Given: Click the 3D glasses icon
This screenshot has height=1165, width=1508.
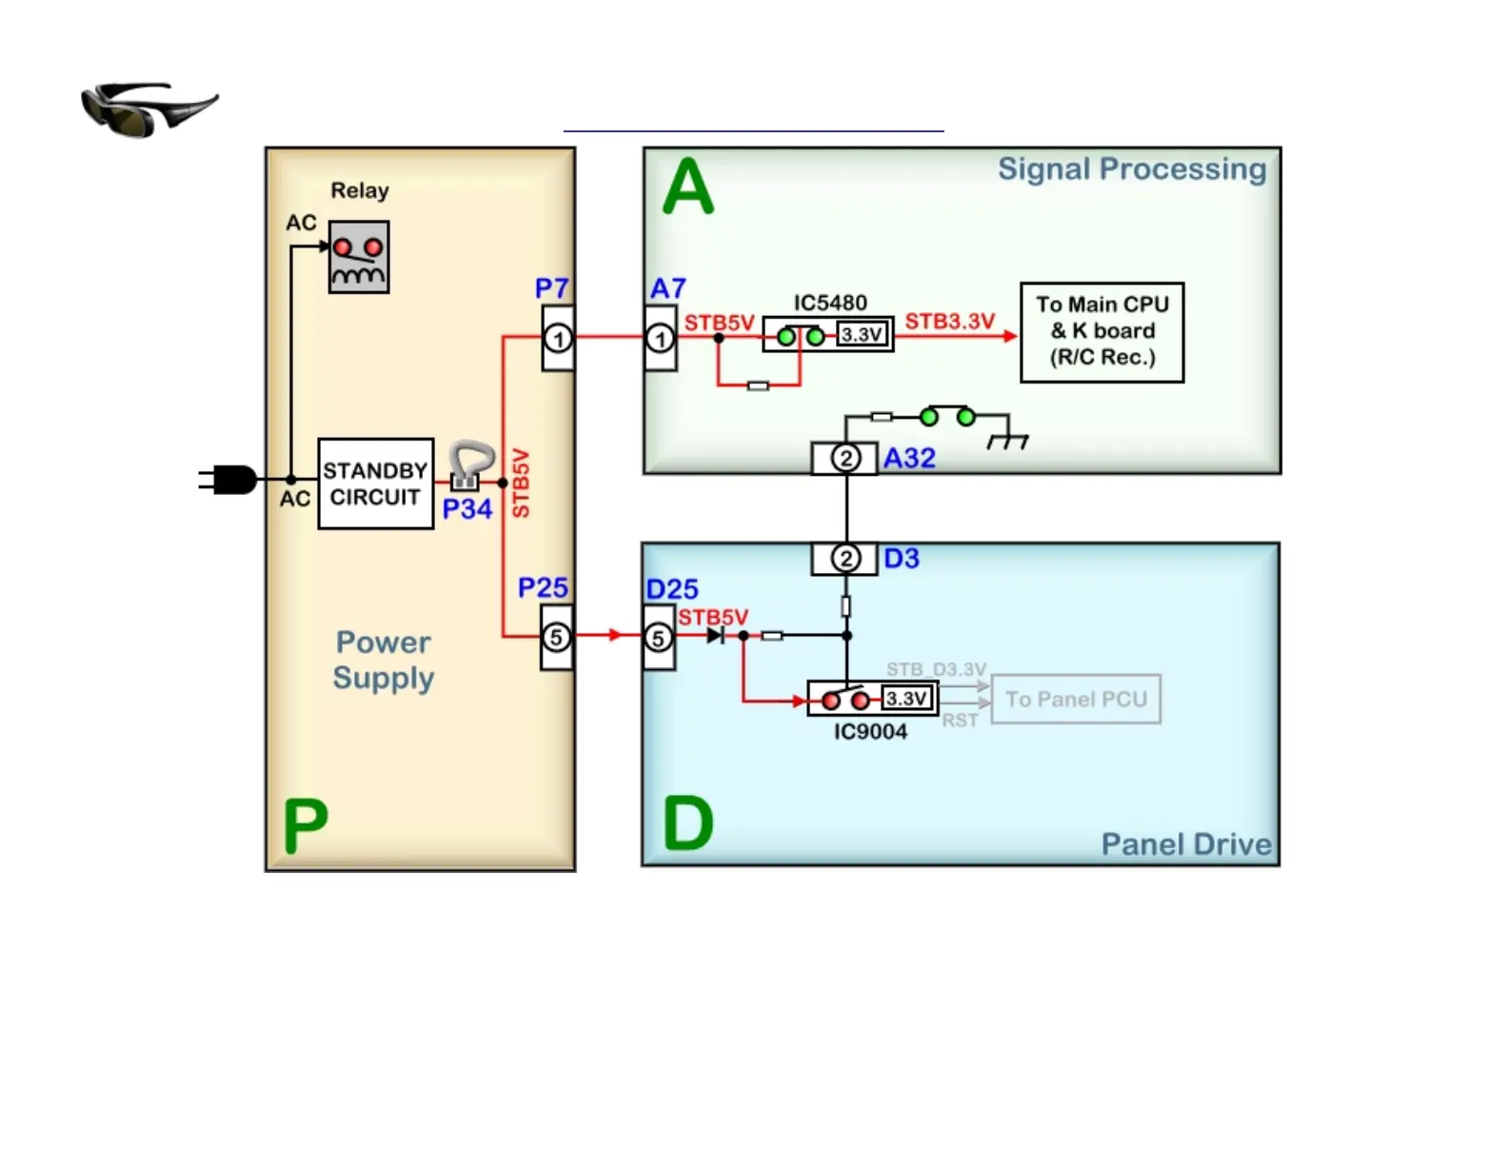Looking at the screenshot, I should coord(149,109).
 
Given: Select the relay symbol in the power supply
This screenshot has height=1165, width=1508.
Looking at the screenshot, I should coord(359,257).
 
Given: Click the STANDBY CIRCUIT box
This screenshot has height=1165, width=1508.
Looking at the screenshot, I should coord(376,484).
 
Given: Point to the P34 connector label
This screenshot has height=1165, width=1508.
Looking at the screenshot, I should coord(467,509).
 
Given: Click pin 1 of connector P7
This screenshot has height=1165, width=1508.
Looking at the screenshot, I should coord(559,338).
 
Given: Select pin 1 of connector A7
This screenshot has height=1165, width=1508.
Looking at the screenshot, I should coord(660,338).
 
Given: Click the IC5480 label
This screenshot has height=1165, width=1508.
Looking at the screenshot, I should coord(830,303).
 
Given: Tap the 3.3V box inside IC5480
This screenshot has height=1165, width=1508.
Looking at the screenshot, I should coord(863,334).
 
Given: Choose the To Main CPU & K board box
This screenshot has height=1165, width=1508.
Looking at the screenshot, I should coord(1101,332).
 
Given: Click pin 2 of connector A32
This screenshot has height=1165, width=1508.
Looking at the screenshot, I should coord(845,458).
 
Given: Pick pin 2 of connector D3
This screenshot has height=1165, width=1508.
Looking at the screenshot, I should coord(845,558).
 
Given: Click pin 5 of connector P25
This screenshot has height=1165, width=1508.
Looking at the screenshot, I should coord(557,637).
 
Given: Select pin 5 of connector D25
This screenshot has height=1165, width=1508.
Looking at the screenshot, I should coord(658,638).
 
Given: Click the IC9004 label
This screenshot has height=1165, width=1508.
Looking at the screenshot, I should coord(870,732).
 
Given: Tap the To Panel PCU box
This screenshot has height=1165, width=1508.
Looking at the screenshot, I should coord(1076,700).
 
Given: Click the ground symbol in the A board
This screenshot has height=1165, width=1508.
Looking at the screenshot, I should coord(1008,441).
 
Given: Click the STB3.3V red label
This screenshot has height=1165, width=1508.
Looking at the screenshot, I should coord(949,322).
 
